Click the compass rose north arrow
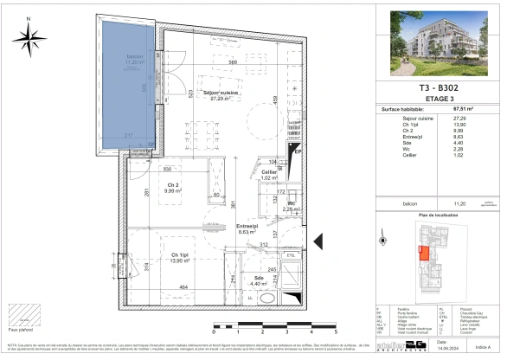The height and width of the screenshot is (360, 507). coord(34,36)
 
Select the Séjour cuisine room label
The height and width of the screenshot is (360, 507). coord(221,95)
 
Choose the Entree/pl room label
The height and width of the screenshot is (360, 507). coord(249,229)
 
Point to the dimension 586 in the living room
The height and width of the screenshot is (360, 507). coord(233,63)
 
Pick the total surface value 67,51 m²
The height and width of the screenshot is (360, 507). coord(471,110)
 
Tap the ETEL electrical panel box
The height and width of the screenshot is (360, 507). coord(292,255)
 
